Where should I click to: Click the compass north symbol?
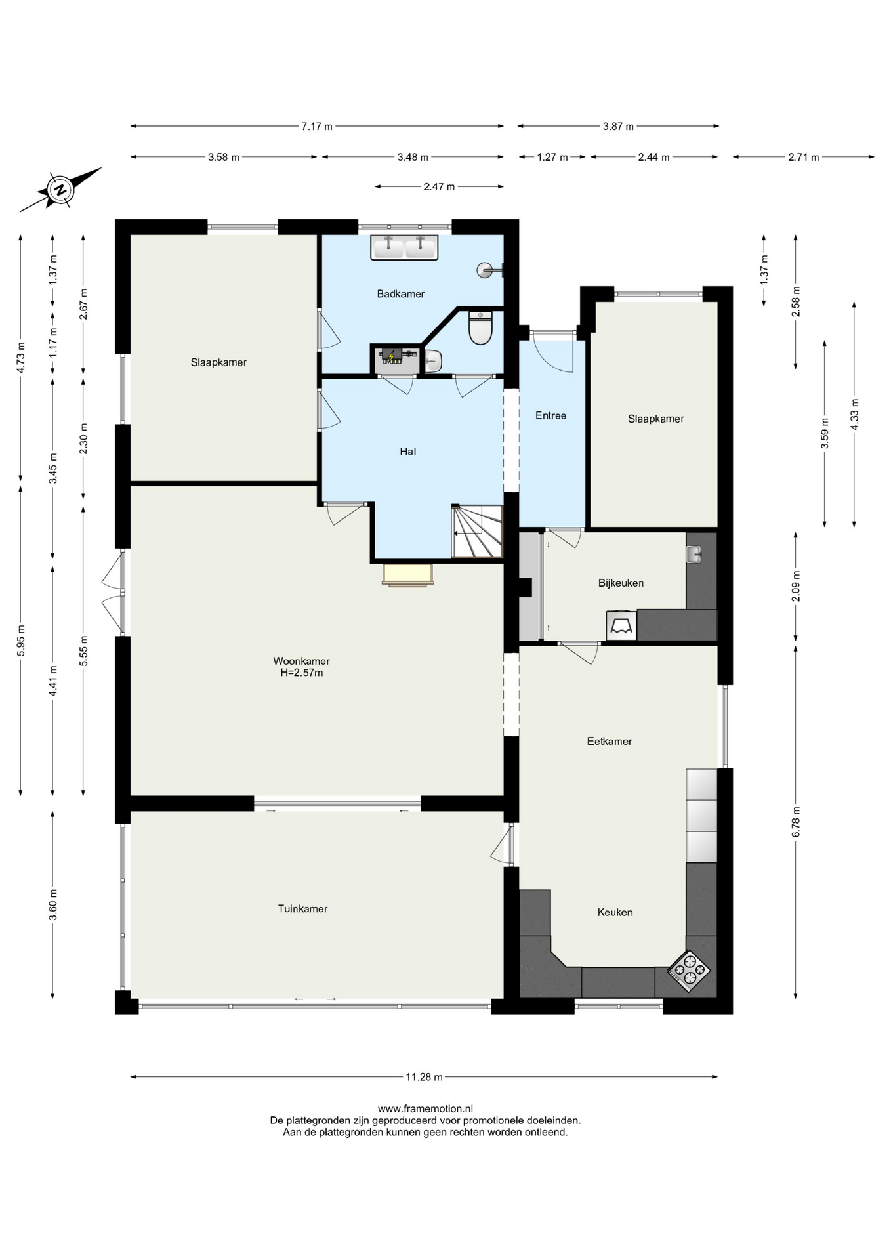(x=61, y=190)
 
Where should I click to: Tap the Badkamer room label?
(x=400, y=294)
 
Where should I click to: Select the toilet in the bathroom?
(x=480, y=327)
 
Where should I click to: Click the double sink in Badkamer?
(x=404, y=247)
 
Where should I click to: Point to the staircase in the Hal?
(x=477, y=531)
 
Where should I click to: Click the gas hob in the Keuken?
(x=689, y=971)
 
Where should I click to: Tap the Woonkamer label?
(x=302, y=661)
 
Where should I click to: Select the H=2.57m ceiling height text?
(x=302, y=673)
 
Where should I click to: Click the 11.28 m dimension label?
(x=424, y=1077)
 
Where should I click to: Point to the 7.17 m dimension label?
(x=317, y=126)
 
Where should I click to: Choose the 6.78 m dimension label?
(x=796, y=821)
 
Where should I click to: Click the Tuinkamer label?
(x=302, y=909)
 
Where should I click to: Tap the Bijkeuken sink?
(x=694, y=555)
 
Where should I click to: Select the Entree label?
(x=550, y=415)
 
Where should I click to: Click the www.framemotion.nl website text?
(x=425, y=1109)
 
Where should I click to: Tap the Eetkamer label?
(x=610, y=741)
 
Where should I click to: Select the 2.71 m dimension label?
(x=804, y=157)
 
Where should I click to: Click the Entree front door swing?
(x=554, y=352)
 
